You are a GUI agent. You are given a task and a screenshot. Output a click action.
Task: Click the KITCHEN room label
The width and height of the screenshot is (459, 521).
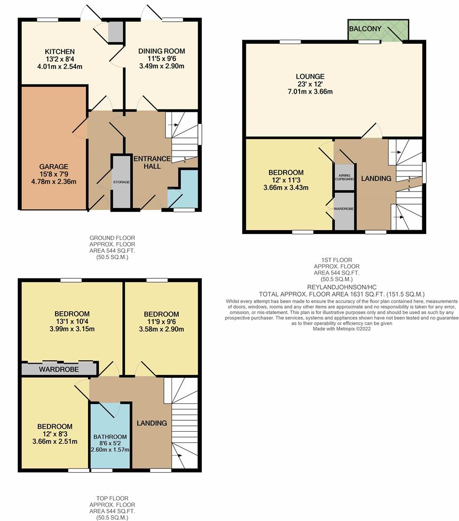pos(59,52)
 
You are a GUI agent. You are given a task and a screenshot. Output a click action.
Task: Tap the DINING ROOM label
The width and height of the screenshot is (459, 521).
pos(162,51)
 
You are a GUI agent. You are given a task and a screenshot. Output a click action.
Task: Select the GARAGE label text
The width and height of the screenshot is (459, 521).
pos(54,166)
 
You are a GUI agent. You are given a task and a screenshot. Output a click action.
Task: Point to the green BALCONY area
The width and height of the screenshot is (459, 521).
pos(378,30)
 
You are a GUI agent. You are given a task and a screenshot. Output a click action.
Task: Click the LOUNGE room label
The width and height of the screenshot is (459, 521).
pos(310,76)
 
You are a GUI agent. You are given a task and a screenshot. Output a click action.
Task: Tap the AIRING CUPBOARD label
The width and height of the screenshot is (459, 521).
pos(344,177)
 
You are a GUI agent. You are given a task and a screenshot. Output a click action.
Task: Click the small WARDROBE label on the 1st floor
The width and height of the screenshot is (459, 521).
pos(344,209)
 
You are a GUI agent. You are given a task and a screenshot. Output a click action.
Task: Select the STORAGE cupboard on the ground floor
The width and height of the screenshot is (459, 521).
pos(121,182)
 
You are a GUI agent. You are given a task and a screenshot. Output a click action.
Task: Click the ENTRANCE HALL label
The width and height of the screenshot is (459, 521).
pos(152,163)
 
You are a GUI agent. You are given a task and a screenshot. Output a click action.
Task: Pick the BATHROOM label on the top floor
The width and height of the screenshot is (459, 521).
pos(110,437)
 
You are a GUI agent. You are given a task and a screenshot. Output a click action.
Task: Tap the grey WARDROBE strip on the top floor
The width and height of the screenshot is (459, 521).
pos(59,369)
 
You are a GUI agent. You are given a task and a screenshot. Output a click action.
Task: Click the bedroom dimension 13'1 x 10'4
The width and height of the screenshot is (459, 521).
pos(72,321)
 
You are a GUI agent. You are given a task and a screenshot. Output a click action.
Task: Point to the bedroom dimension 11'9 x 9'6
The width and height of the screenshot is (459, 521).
pos(161,322)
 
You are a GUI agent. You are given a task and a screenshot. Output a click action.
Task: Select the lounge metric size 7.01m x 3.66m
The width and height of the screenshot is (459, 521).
pos(310,92)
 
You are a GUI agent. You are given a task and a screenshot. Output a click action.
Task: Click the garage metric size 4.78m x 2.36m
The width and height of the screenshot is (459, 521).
pos(54,181)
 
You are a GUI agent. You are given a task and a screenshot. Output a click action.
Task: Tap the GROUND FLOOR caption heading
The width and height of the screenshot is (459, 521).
pos(112,238)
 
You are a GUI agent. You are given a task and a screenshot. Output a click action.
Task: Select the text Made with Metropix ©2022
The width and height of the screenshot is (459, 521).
pos(342,329)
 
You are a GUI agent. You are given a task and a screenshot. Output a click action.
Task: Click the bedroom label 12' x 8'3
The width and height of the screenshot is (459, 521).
pos(55,434)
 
